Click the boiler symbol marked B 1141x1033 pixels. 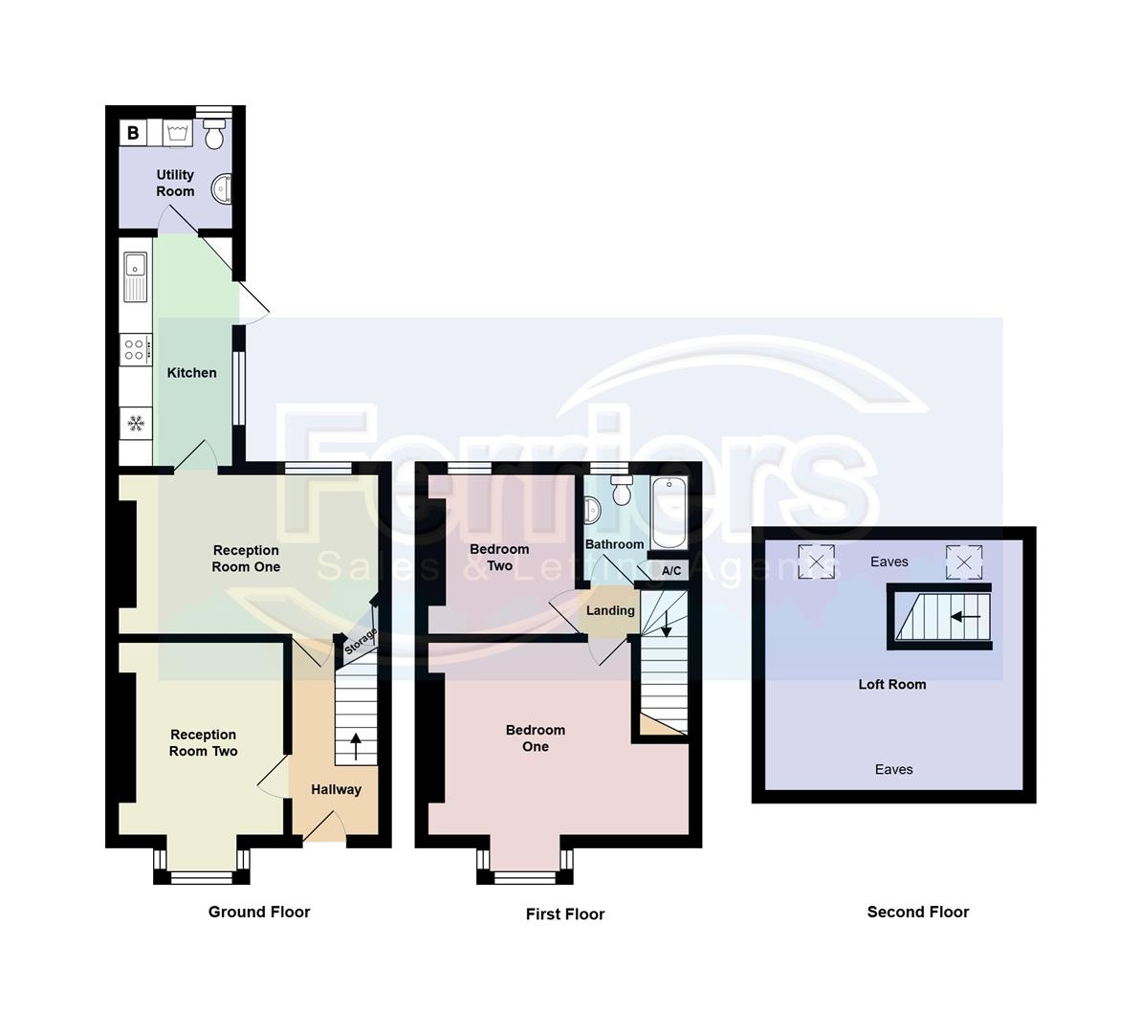[133, 133]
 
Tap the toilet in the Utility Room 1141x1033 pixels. [214, 135]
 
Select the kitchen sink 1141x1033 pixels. [134, 276]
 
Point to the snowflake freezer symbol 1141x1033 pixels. [136, 423]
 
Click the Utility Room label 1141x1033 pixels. [175, 183]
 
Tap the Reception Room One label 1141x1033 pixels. [246, 559]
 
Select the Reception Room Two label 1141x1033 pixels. [203, 743]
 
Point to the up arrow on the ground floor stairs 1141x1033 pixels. [356, 745]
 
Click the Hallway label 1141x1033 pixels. [336, 789]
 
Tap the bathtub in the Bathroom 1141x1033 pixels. [668, 513]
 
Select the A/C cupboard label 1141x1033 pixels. [671, 571]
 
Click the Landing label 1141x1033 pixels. [610, 610]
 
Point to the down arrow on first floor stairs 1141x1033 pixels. [666, 623]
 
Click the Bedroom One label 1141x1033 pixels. [535, 738]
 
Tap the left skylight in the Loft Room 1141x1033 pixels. [816, 561]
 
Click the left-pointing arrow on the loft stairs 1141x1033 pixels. [965, 617]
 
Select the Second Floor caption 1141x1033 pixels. [917, 912]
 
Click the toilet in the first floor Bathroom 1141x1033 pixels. [622, 491]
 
